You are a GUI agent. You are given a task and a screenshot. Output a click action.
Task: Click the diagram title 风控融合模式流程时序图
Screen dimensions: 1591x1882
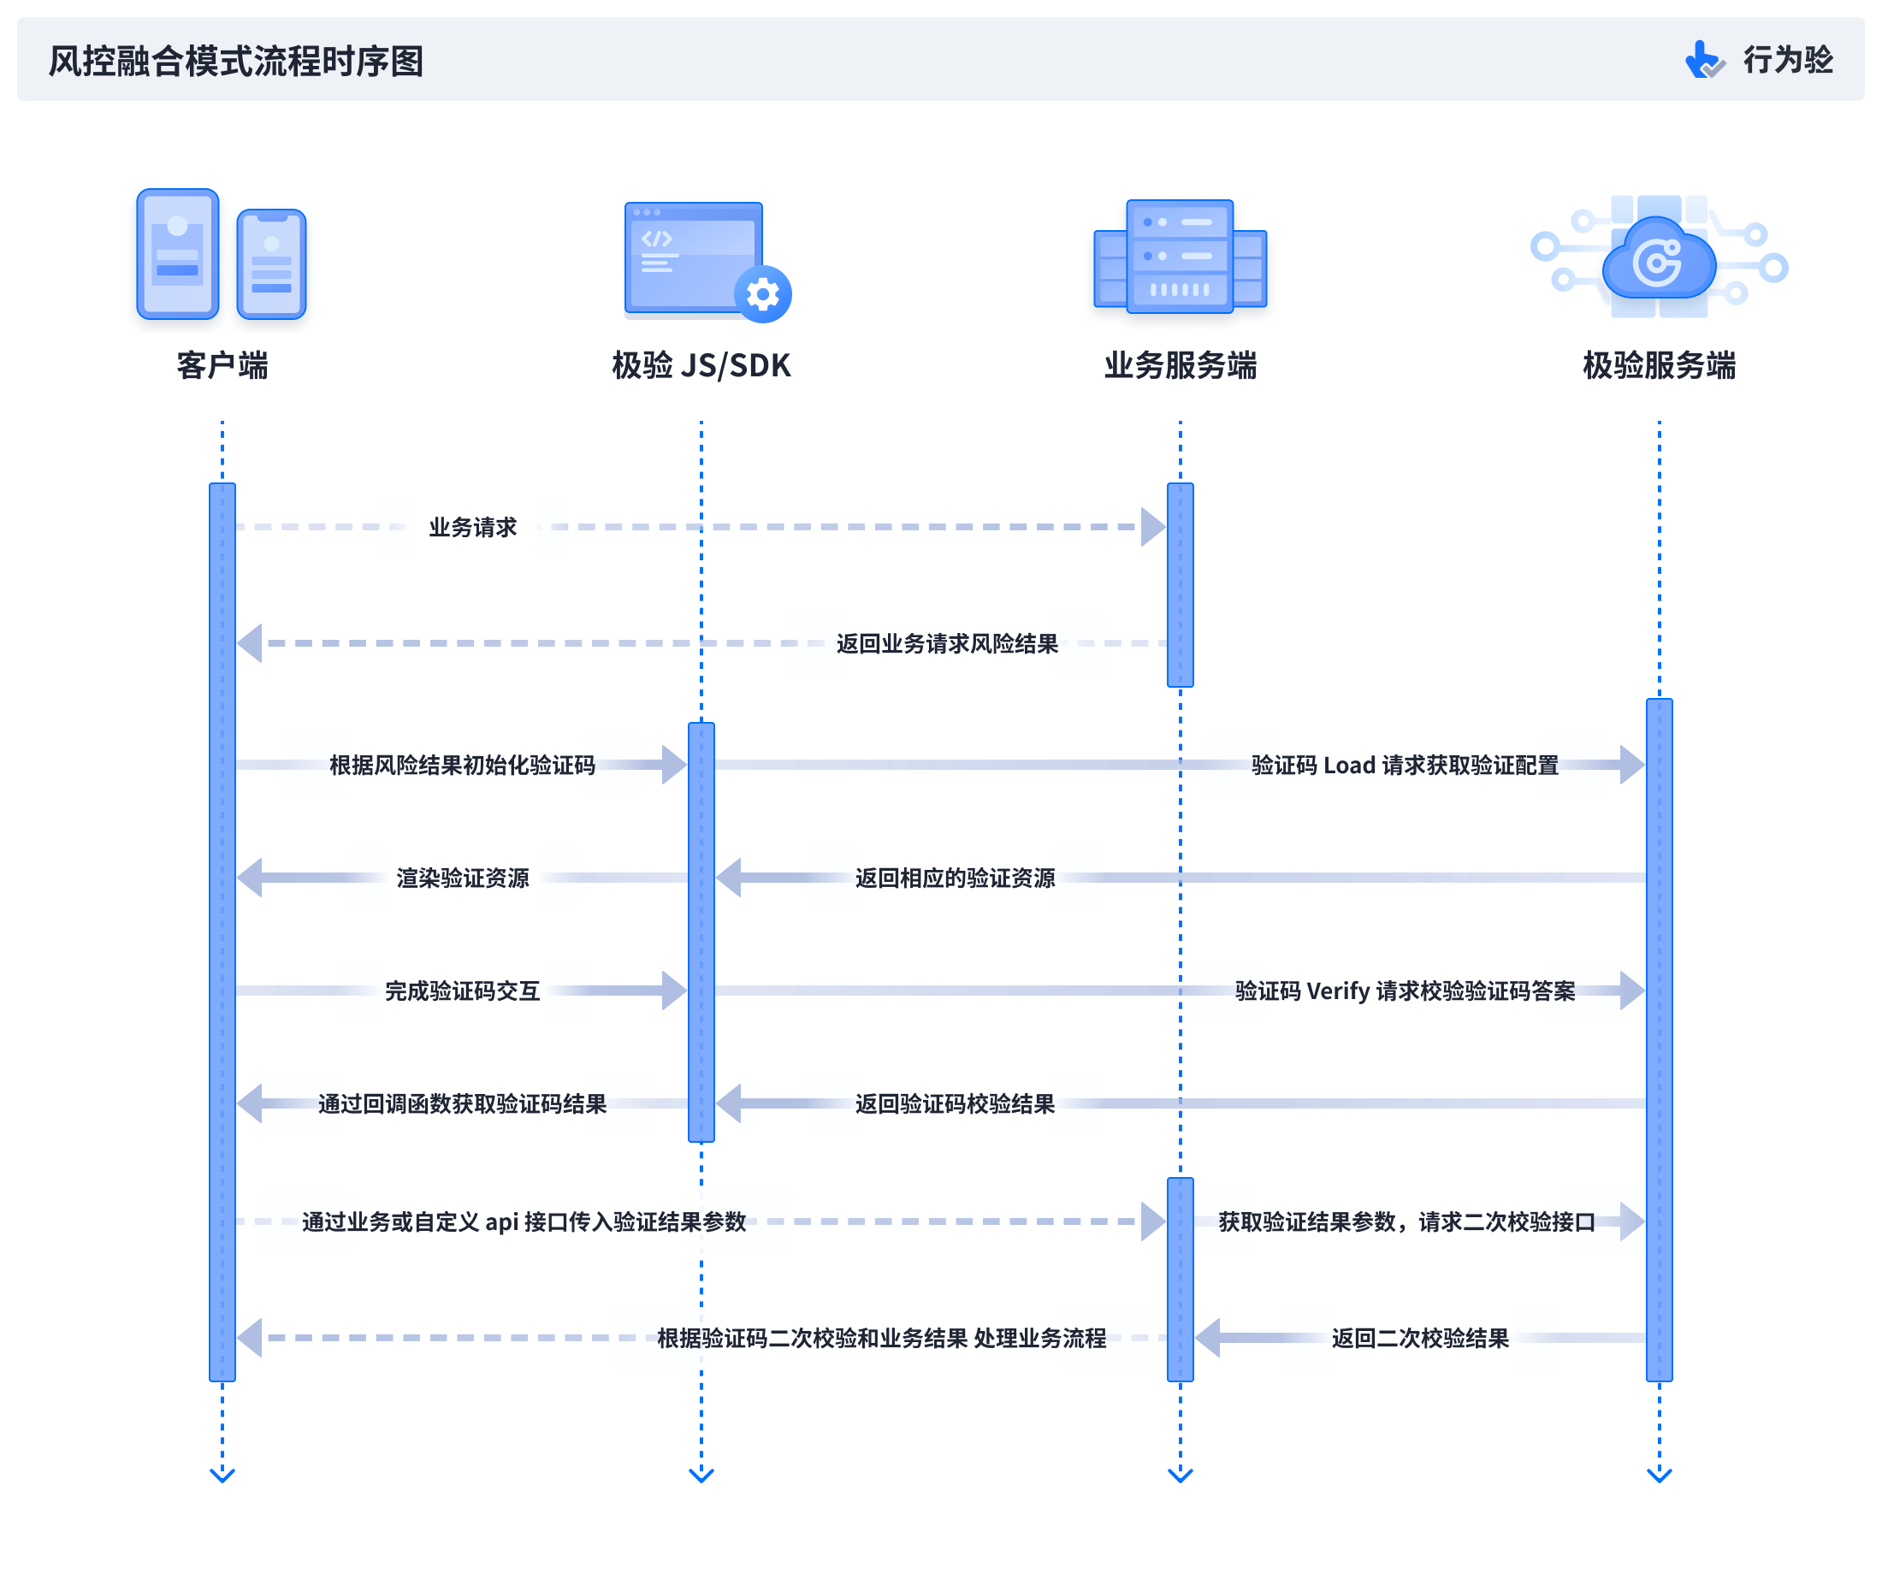tap(235, 62)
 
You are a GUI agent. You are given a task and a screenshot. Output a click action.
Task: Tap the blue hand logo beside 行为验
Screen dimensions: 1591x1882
tap(1701, 61)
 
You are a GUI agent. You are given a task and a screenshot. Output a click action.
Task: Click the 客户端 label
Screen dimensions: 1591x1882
tap(222, 365)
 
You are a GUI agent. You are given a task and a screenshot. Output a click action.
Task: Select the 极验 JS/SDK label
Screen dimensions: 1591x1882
tap(701, 365)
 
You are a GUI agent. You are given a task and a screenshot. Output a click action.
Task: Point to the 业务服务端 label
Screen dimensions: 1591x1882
tap(1180, 365)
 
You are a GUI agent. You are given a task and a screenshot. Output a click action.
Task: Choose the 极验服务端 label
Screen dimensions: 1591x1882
tap(1659, 365)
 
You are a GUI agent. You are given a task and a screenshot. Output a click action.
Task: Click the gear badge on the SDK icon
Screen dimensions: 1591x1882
tap(763, 294)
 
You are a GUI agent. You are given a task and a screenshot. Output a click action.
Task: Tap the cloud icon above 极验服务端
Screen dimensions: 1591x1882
tap(1659, 261)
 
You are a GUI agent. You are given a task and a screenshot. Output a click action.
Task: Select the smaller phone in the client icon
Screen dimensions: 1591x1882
tap(271, 263)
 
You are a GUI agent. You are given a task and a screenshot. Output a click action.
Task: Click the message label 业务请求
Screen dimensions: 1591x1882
tap(472, 527)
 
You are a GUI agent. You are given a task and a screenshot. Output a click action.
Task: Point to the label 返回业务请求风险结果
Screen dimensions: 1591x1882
tap(947, 643)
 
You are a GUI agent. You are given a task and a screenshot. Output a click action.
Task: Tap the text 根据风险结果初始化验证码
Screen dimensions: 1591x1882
tap(462, 765)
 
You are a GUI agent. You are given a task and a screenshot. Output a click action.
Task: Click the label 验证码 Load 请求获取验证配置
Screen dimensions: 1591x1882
tap(1404, 765)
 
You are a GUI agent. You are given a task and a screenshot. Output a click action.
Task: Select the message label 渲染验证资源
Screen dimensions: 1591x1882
tap(462, 878)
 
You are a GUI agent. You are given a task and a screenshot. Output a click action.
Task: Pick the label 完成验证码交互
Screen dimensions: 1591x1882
tap(462, 991)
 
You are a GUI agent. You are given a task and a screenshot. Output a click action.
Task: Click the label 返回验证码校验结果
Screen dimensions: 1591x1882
tap(954, 1103)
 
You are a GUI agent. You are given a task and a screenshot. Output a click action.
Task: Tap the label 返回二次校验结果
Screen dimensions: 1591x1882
tap(1419, 1338)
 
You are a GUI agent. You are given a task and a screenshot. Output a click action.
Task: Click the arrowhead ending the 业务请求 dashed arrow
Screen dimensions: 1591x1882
tap(1152, 527)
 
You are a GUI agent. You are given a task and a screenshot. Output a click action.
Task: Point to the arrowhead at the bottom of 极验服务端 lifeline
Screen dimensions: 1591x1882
tap(1659, 1476)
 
